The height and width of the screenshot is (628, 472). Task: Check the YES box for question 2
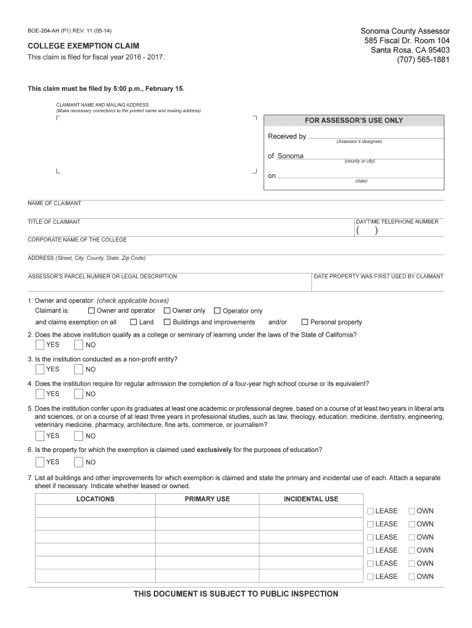pyautogui.click(x=40, y=345)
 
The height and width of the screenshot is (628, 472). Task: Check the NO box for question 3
pyautogui.click(x=78, y=369)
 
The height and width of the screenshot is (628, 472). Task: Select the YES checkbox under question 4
pyautogui.click(x=40, y=394)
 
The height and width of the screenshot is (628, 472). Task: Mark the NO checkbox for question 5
pyautogui.click(x=78, y=436)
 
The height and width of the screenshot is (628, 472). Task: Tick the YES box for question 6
pyautogui.click(x=40, y=462)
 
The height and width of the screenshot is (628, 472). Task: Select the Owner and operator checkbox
pyautogui.click(x=92, y=311)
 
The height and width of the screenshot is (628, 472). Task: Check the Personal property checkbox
pyautogui.click(x=305, y=322)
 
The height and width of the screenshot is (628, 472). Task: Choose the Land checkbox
pyautogui.click(x=134, y=322)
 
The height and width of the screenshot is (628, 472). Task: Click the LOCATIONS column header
pyautogui.click(x=95, y=499)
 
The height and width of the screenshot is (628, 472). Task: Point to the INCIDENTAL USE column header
pyautogui.click(x=311, y=499)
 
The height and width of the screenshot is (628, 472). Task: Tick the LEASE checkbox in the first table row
pyautogui.click(x=370, y=511)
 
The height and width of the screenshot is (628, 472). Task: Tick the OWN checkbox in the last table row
pyautogui.click(x=412, y=576)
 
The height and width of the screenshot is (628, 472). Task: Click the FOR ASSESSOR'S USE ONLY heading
pyautogui.click(x=354, y=120)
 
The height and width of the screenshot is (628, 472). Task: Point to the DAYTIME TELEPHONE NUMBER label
pyautogui.click(x=397, y=221)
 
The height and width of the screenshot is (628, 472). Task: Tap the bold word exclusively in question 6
pyautogui.click(x=214, y=450)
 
